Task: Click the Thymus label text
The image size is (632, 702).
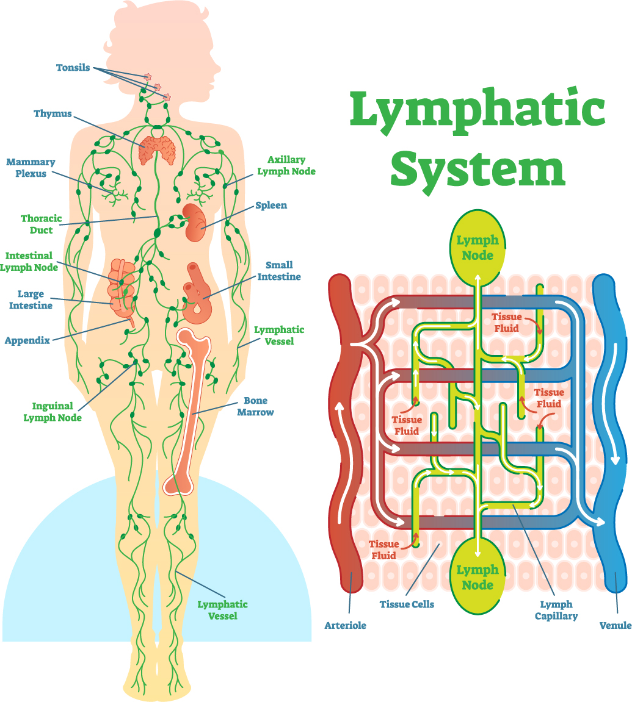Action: [53, 113]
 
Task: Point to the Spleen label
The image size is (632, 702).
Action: [271, 206]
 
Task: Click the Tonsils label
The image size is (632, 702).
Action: [73, 68]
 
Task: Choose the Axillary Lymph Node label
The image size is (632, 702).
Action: [286, 166]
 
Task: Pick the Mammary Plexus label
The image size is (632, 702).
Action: [31, 168]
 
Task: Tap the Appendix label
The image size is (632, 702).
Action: [27, 340]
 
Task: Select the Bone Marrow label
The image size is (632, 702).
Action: [259, 406]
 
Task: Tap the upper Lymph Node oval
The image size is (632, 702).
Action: [477, 247]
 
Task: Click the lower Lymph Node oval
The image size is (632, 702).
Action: [477, 577]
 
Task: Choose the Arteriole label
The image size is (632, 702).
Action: [346, 625]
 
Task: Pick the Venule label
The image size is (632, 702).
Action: [614, 625]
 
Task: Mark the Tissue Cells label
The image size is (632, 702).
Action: [407, 604]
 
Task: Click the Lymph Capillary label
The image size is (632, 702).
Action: [556, 610]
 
